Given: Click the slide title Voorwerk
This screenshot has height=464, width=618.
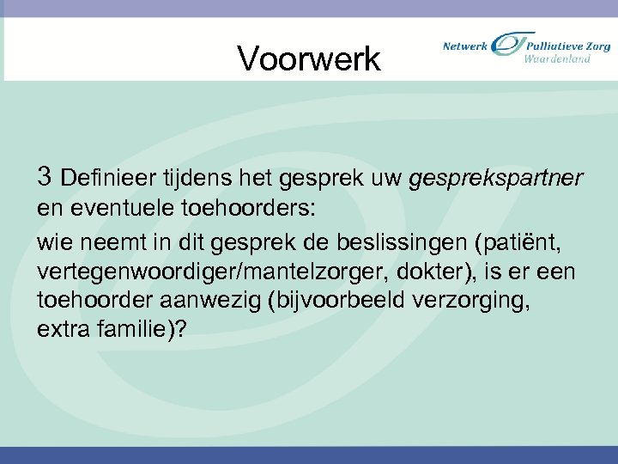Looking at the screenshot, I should [x=308, y=59].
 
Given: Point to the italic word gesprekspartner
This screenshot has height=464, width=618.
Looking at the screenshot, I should [x=497, y=180].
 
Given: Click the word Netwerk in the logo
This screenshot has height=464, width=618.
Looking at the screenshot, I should [x=464, y=46].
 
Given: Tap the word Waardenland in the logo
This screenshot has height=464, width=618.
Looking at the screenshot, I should [x=557, y=59].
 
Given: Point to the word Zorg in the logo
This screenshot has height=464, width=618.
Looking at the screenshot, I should [x=595, y=46].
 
